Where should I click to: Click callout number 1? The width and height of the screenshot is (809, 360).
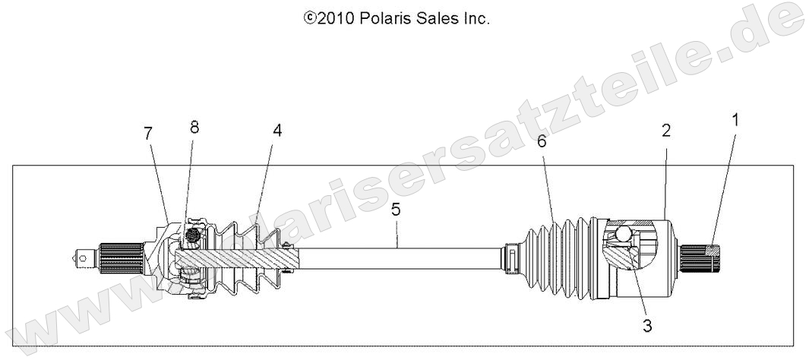[x=735, y=120]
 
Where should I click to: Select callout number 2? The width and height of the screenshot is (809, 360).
[x=666, y=131]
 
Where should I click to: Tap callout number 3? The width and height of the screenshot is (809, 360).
[x=647, y=327]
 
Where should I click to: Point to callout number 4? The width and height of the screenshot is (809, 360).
[x=277, y=131]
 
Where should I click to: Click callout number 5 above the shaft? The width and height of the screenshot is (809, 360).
[x=396, y=210]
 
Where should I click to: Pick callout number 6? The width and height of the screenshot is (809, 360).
[x=542, y=141]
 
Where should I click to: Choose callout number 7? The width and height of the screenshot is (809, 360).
[x=148, y=134]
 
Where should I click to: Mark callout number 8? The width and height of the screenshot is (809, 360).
[x=194, y=128]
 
